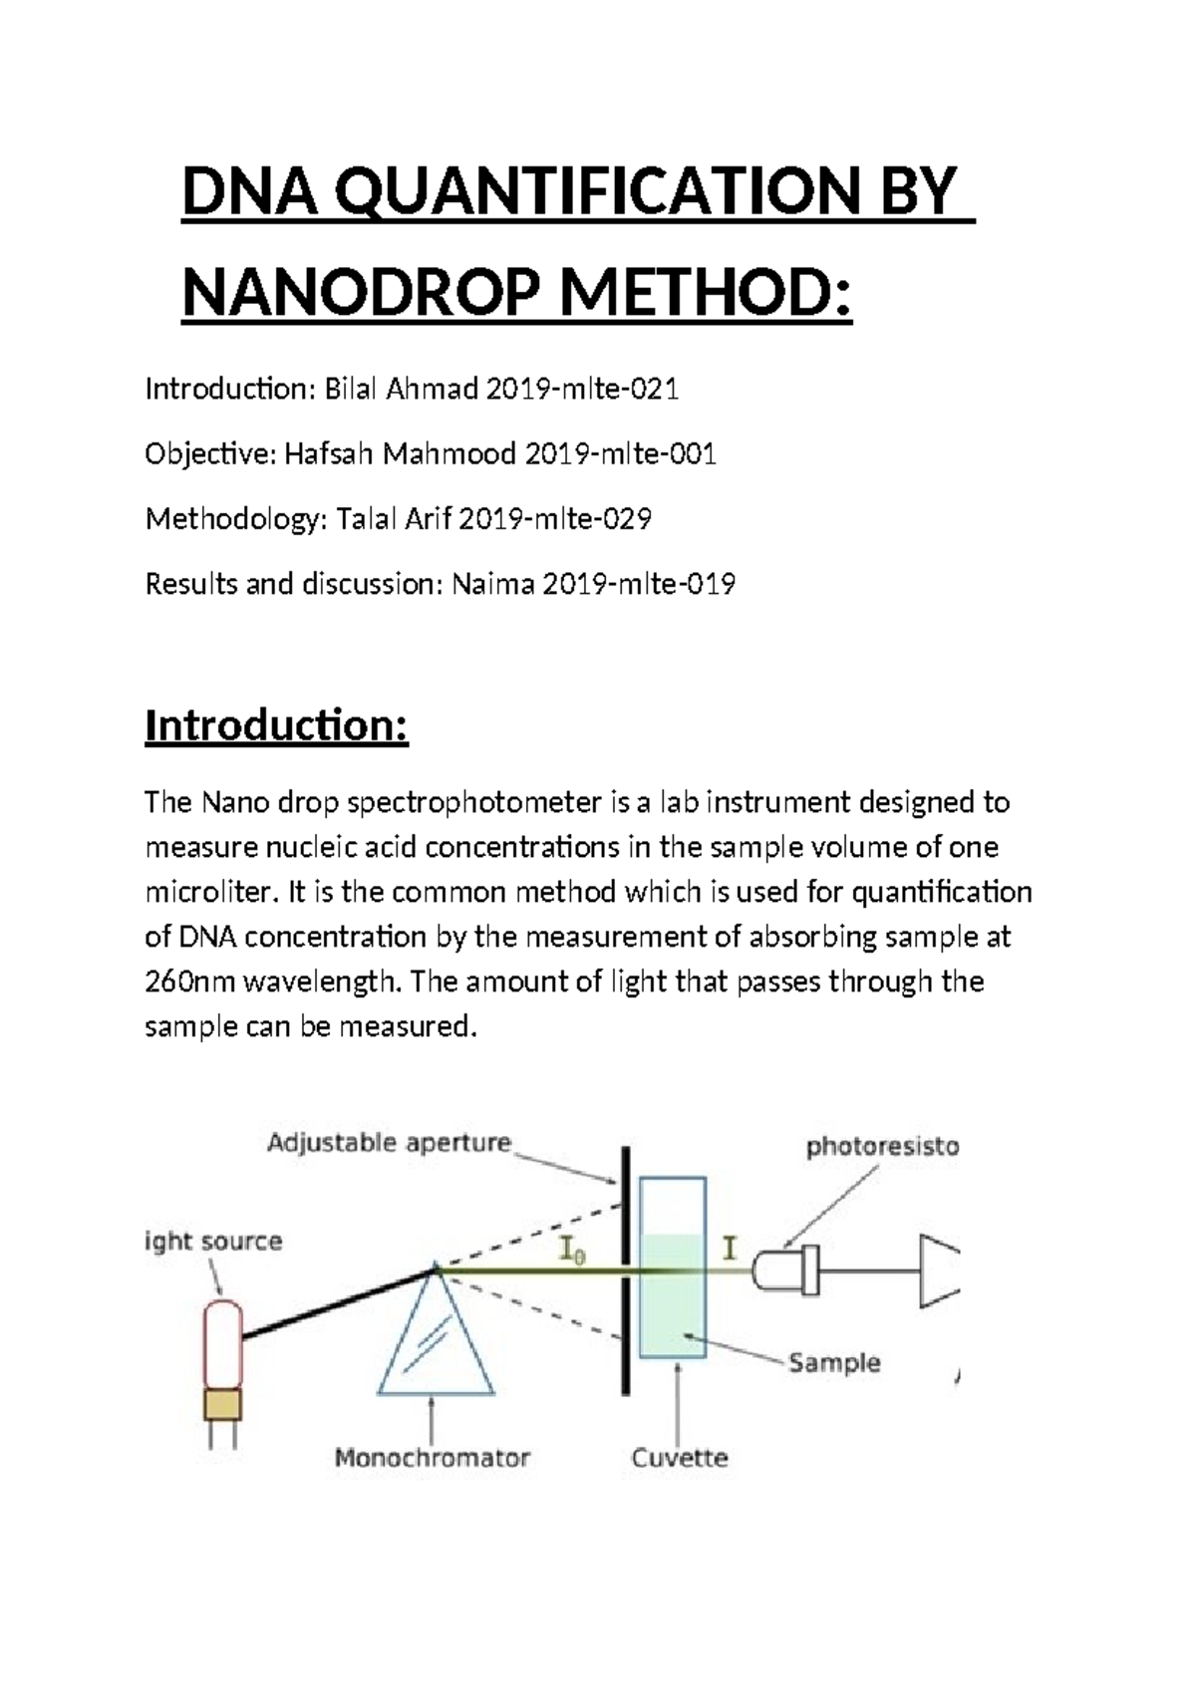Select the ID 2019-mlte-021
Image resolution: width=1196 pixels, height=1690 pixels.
[582, 389]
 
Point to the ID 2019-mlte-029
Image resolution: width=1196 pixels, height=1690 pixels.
[554, 519]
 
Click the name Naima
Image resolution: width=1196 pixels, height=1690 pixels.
[493, 584]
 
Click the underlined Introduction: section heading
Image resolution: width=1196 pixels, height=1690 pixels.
[276, 725]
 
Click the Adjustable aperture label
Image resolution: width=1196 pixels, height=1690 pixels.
[389, 1143]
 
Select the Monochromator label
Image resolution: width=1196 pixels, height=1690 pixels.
[432, 1458]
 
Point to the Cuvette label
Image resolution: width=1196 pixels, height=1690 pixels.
[680, 1458]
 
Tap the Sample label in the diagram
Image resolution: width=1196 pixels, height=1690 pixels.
[834, 1362]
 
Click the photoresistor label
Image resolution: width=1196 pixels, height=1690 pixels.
[882, 1147]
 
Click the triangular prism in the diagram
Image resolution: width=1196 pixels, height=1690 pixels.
[436, 1340]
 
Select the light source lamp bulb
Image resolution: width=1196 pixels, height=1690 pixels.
[222, 1345]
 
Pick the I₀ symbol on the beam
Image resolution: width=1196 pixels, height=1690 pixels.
[572, 1250]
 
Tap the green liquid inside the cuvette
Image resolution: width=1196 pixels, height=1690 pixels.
[672, 1305]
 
